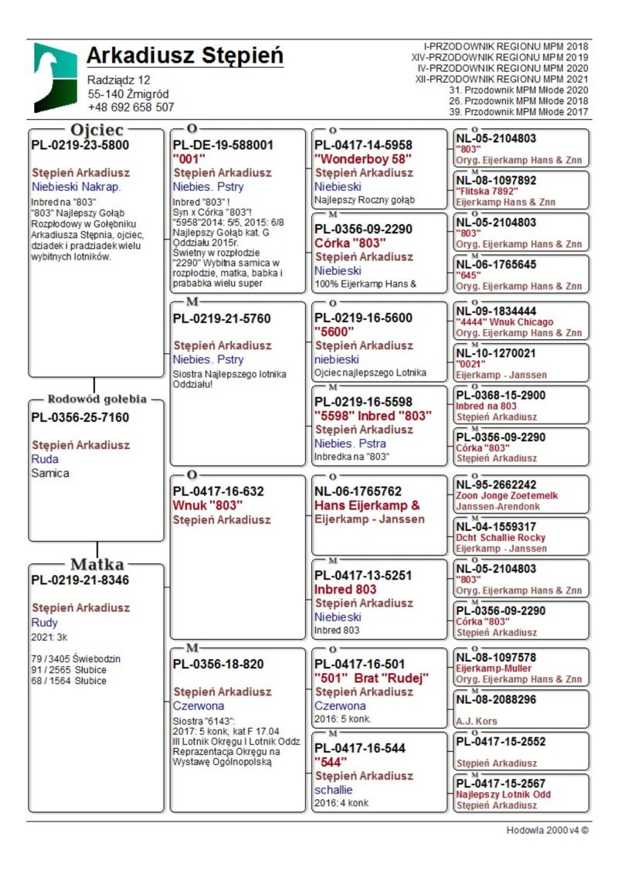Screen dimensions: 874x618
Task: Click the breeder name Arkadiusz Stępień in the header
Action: tap(185, 56)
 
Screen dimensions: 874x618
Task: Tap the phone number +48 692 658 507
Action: tap(131, 107)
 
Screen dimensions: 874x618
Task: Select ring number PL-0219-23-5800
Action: tap(80, 145)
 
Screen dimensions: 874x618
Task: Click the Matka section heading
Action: tap(97, 564)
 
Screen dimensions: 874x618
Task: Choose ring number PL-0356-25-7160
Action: tap(80, 418)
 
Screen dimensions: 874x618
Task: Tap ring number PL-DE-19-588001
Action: tap(223, 145)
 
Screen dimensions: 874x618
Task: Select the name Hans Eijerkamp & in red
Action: tap(367, 505)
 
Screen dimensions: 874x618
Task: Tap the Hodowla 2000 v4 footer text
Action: tap(548, 831)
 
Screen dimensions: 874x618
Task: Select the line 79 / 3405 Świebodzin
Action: tap(76, 659)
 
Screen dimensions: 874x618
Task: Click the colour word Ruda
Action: tap(45, 459)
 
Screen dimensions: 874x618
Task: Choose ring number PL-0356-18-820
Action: tap(218, 663)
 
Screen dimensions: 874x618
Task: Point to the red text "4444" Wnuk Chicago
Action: tap(504, 321)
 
